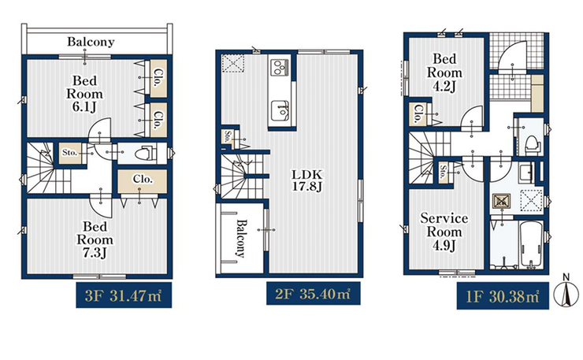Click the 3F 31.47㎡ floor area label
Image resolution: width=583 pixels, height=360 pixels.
(124, 295)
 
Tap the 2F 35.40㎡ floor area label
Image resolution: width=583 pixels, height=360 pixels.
(313, 293)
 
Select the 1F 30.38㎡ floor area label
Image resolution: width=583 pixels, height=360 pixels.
(503, 296)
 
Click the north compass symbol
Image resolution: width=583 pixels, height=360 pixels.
(566, 293)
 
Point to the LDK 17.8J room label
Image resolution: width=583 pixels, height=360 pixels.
(307, 180)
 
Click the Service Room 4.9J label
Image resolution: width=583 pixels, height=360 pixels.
(444, 232)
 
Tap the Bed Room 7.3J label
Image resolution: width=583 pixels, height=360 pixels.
(95, 239)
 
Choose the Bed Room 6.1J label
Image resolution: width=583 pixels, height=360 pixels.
(85, 94)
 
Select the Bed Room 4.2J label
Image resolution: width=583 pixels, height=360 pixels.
(444, 72)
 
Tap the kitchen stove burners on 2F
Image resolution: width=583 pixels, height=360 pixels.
(280, 67)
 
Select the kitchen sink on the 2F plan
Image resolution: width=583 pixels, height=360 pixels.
(280, 110)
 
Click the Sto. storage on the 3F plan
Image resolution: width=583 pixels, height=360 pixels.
(69, 153)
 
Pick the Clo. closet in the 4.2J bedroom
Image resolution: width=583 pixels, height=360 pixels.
(418, 113)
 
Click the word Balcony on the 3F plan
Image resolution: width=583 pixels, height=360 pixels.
(91, 42)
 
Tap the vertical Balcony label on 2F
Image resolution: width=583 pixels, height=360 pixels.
(240, 239)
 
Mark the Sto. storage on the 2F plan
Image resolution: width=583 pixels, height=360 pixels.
(227, 136)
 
